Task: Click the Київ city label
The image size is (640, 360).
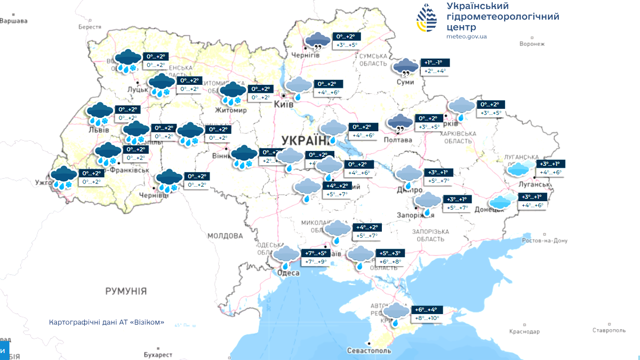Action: (x=283, y=105)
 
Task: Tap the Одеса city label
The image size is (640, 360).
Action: (x=289, y=273)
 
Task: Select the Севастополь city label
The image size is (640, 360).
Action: (x=369, y=351)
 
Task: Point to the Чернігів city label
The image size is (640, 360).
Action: (x=305, y=55)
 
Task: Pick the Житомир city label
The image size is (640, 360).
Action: (x=231, y=110)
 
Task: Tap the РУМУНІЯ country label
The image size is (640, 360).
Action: (x=126, y=291)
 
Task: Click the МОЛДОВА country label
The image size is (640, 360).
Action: (x=225, y=235)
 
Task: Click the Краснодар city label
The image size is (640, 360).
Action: (x=524, y=332)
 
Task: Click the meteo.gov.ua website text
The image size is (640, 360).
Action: (x=467, y=36)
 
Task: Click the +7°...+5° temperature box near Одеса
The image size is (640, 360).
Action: (x=316, y=253)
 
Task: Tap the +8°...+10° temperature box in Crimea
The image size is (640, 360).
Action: (x=427, y=318)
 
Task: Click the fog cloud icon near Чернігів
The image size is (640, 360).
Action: (x=317, y=40)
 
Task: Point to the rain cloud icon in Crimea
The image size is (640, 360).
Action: (x=396, y=314)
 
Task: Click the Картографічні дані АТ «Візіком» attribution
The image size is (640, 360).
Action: (x=106, y=323)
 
